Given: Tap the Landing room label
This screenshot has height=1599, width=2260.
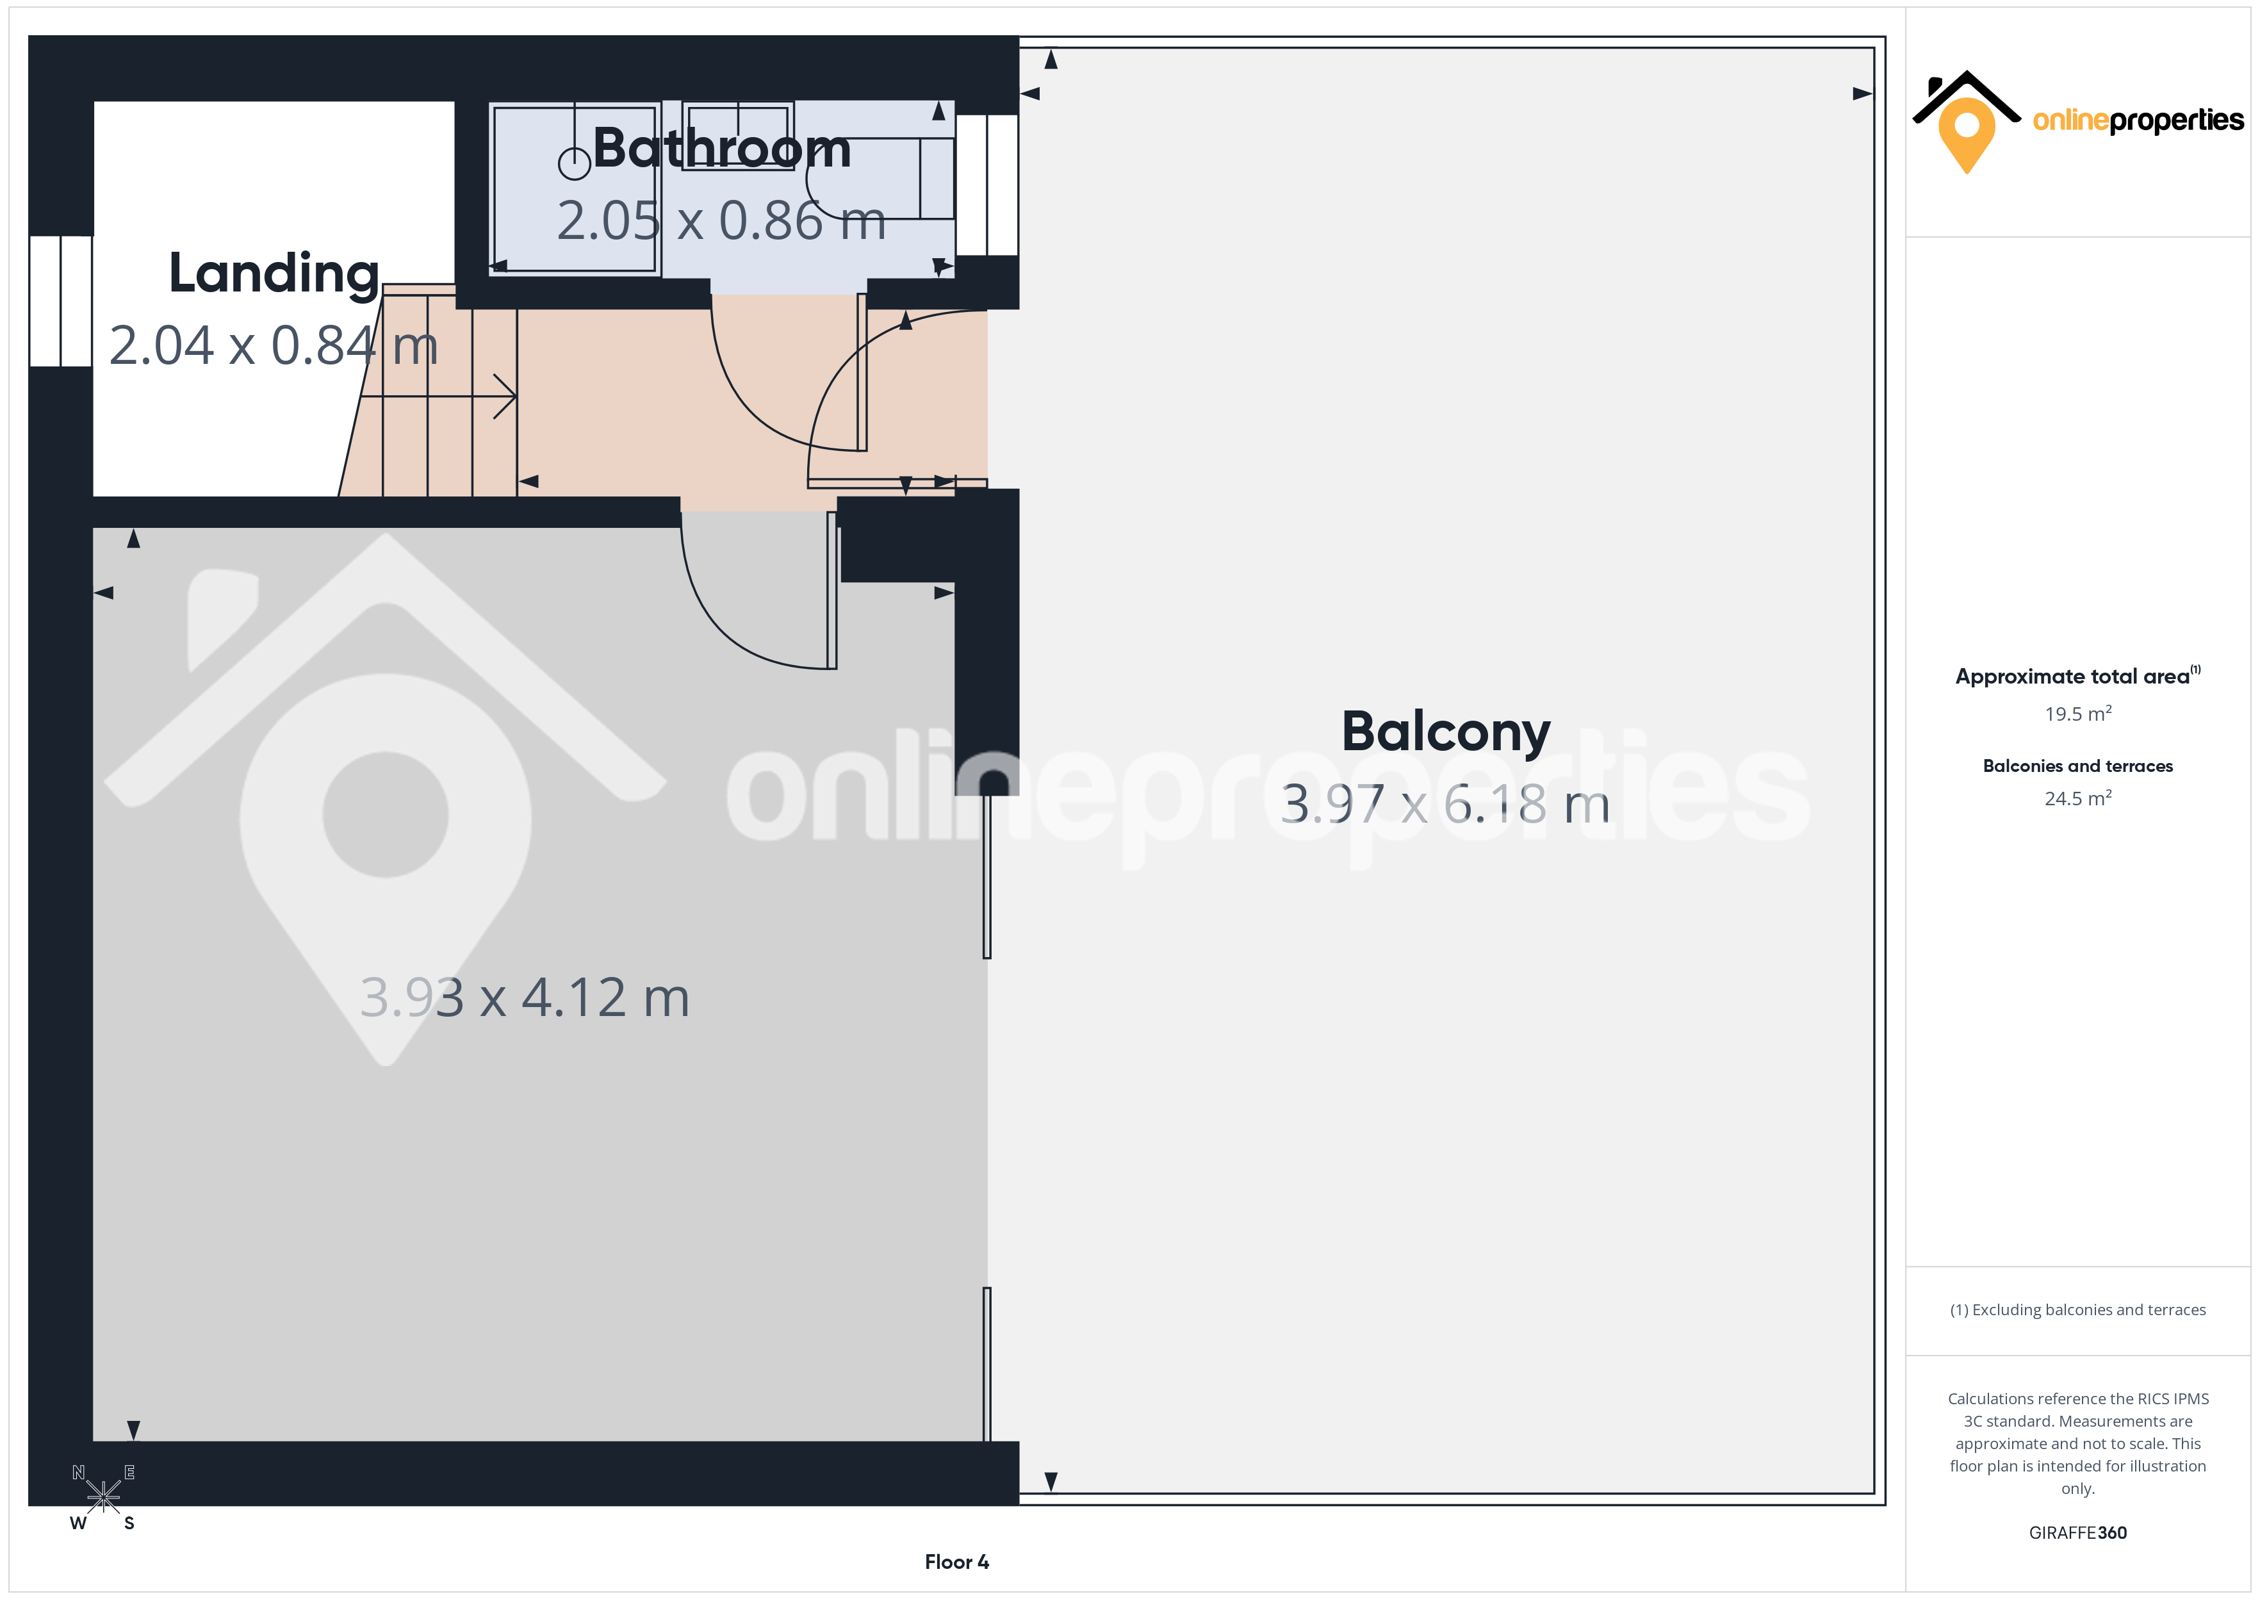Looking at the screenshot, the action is point(274,274).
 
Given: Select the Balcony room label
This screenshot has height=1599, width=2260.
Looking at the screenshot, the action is point(1445,732).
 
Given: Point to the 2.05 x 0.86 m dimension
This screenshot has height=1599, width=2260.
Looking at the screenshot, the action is point(721,220).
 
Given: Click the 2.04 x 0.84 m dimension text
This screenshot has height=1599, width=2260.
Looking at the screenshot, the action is point(274,345).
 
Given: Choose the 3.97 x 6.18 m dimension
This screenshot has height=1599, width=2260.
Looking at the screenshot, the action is point(1445,805).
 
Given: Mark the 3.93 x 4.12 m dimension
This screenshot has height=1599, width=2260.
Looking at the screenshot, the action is point(525,997).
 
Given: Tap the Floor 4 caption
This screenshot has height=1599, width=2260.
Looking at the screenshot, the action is point(957,1562).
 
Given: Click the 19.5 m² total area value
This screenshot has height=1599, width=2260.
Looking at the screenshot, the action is point(2078,714).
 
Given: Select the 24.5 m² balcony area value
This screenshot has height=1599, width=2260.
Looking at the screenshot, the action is point(2078,798).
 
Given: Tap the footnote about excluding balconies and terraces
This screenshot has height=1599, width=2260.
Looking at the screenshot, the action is point(2078,1309).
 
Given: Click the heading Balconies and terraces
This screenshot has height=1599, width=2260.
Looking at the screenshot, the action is point(2078,766).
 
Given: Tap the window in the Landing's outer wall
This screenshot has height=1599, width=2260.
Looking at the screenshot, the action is point(61,300).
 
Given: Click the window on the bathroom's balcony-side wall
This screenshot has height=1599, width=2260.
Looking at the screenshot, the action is point(987,185).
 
